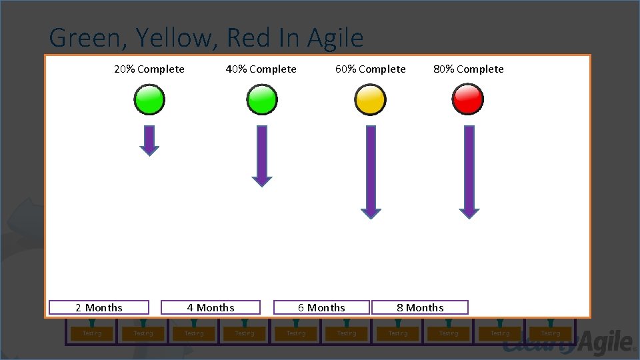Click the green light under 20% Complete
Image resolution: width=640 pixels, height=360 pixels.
point(149,100)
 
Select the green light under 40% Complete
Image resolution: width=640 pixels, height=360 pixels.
point(261,100)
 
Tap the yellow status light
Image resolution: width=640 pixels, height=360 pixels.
point(370,100)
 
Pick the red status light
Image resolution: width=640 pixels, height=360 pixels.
point(468,100)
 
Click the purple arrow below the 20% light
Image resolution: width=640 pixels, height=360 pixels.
point(149,140)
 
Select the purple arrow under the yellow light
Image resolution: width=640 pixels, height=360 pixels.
point(371,172)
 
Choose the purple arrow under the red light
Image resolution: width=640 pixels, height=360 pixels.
point(469,172)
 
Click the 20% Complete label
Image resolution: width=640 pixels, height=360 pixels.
point(149,69)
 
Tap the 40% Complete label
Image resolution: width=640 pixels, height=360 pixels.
point(261,69)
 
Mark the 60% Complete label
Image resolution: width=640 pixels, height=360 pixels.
point(371,69)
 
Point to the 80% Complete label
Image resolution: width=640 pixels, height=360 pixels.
point(469,69)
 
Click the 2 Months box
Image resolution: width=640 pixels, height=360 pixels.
point(99,307)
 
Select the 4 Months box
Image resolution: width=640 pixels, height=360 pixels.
point(211,307)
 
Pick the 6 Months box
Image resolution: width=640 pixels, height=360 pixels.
point(321,307)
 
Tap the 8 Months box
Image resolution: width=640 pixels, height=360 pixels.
point(420,307)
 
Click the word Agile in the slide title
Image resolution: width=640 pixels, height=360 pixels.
point(335,38)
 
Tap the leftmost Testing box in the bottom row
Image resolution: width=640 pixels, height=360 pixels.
point(92,333)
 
